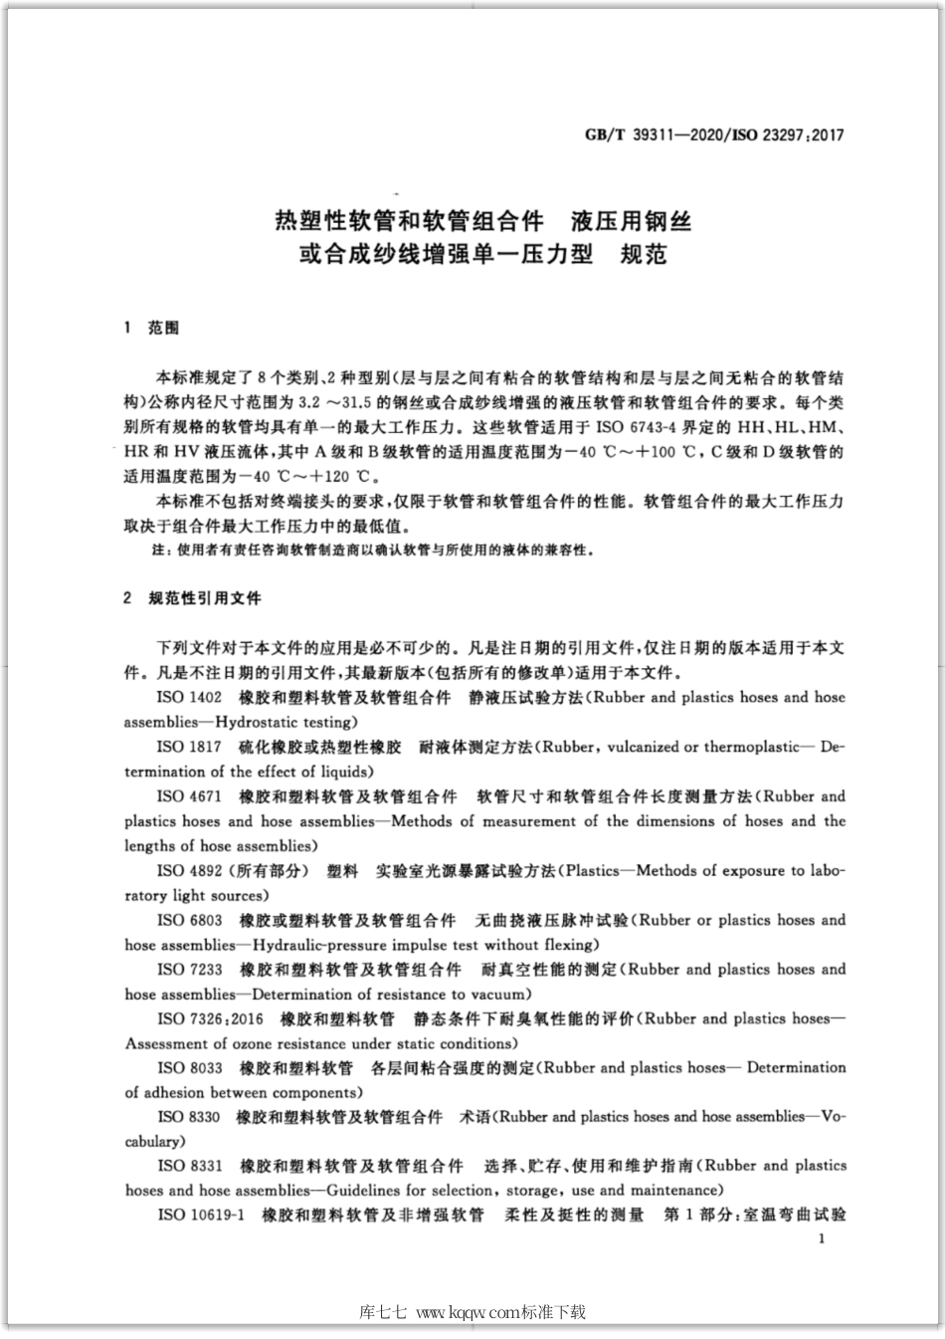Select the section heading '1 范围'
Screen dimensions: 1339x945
[151, 328]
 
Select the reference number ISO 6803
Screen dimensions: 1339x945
[189, 920]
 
